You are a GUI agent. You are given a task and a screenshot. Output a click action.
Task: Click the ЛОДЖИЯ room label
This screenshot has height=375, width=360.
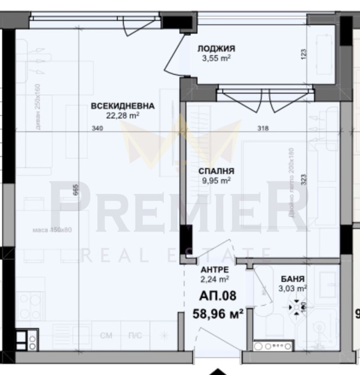pyautogui.click(x=216, y=49)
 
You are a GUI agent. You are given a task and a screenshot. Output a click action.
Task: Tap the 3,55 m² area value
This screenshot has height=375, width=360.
pyautogui.click(x=216, y=58)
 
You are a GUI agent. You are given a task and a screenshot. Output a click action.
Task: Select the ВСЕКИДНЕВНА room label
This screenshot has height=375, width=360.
pyautogui.click(x=122, y=107)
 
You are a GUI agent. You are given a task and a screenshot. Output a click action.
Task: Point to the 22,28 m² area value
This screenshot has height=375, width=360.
pyautogui.click(x=122, y=116)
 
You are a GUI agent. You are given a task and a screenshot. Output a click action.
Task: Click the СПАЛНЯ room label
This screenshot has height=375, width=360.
pyautogui.click(x=216, y=171)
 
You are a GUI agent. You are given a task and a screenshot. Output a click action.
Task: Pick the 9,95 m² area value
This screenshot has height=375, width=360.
pyautogui.click(x=216, y=180)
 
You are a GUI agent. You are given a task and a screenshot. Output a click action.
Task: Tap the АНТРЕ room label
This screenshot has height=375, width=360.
pyautogui.click(x=214, y=269)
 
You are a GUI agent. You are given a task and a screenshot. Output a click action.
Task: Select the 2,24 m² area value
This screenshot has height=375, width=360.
pyautogui.click(x=214, y=278)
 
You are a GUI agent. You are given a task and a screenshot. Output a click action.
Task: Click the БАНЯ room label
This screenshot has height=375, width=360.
pyautogui.click(x=292, y=279)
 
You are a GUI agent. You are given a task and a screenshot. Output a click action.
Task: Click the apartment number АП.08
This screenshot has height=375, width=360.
pyautogui.click(x=218, y=296)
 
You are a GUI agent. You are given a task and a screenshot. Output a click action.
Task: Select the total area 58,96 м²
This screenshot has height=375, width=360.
pyautogui.click(x=218, y=312)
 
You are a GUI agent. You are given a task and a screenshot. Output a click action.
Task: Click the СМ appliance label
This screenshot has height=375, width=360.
pyautogui.click(x=106, y=335)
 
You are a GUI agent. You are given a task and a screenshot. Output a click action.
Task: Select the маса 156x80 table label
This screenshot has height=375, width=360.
pyautogui.click(x=53, y=230)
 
